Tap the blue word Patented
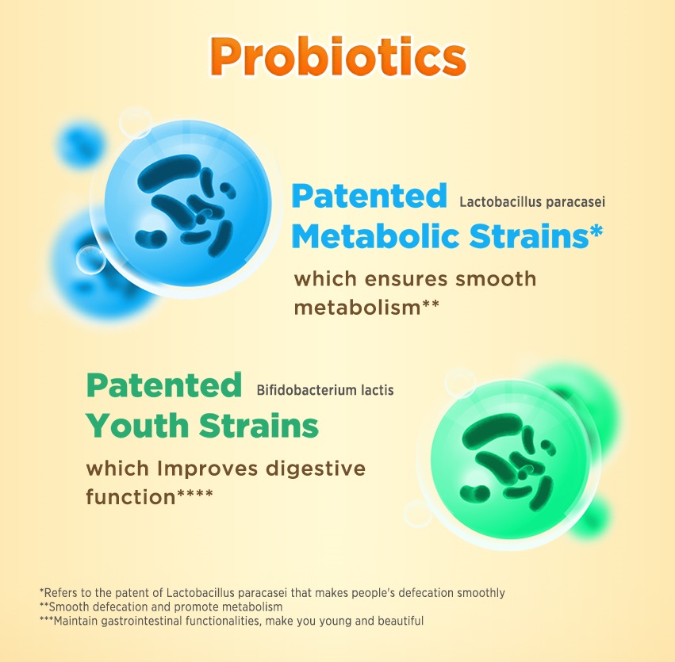[370, 196]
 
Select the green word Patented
[164, 385]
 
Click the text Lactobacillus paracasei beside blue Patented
[532, 201]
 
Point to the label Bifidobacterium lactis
[325, 390]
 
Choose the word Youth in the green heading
[137, 426]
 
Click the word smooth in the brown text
[496, 279]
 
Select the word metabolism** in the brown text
[366, 307]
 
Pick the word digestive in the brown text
[316, 469]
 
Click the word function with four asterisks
[149, 496]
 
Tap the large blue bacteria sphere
[187, 204]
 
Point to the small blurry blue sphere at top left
[80, 144]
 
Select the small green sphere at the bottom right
[593, 516]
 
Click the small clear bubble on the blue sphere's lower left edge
[90, 260]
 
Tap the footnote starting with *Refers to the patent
[272, 593]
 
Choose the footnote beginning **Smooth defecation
[161, 607]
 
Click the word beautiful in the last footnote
[401, 621]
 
